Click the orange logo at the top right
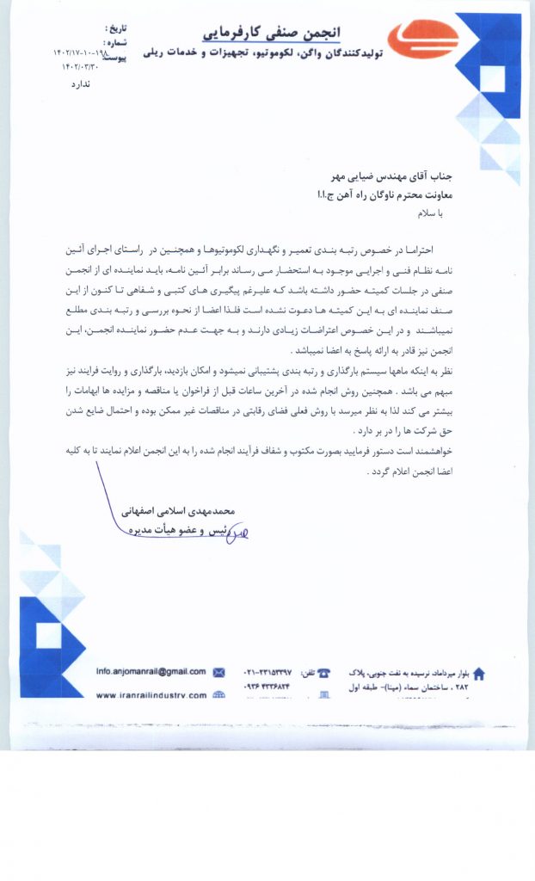pos(422,40)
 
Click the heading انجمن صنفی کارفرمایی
pos(271,32)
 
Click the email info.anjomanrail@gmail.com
pos(151,671)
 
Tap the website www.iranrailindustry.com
pos(151,695)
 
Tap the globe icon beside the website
pos(218,695)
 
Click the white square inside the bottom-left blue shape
pos(49,635)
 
